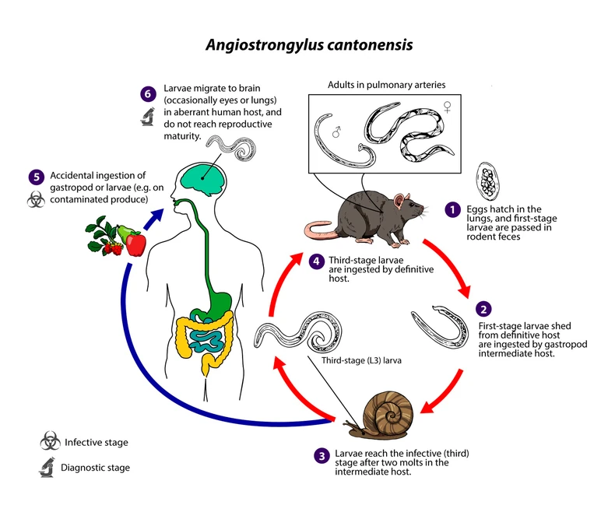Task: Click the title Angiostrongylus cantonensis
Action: (309, 44)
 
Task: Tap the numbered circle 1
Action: (452, 209)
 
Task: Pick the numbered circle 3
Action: (321, 455)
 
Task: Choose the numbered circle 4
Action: (316, 261)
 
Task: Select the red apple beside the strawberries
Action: (135, 244)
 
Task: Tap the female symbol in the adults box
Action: (448, 106)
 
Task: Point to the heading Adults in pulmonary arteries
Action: (384, 85)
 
